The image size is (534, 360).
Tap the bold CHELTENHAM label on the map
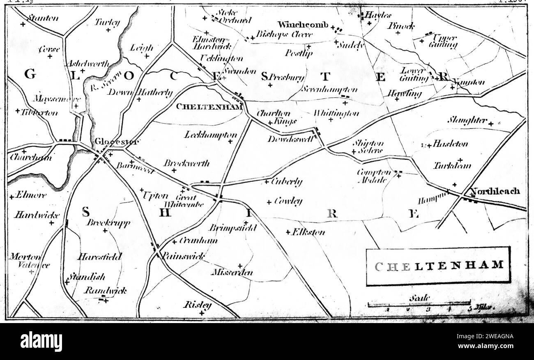click(208, 107)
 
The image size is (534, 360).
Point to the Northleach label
click(495, 191)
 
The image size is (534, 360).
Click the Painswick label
click(183, 256)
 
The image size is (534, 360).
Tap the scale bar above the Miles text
click(419, 304)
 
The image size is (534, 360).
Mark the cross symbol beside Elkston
click(288, 232)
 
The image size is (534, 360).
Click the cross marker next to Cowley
click(269, 202)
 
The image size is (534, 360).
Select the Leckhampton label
click(211, 135)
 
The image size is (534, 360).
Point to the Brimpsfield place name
click(232, 228)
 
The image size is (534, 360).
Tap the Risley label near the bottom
click(198, 305)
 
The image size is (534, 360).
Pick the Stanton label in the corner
click(42, 18)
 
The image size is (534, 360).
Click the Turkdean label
click(452, 166)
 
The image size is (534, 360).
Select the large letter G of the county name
click(30, 74)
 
